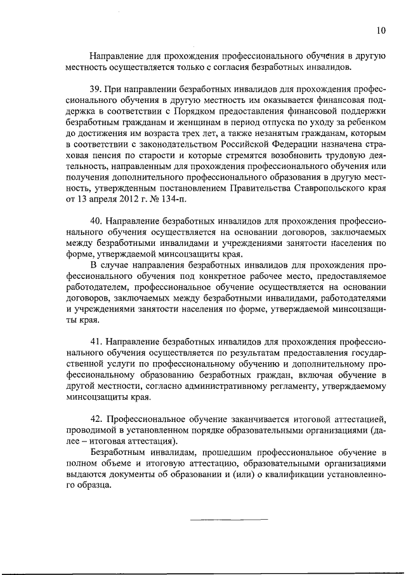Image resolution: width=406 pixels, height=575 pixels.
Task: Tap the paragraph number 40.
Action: click(x=96, y=220)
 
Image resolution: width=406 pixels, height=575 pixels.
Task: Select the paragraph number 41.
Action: click(x=96, y=341)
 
